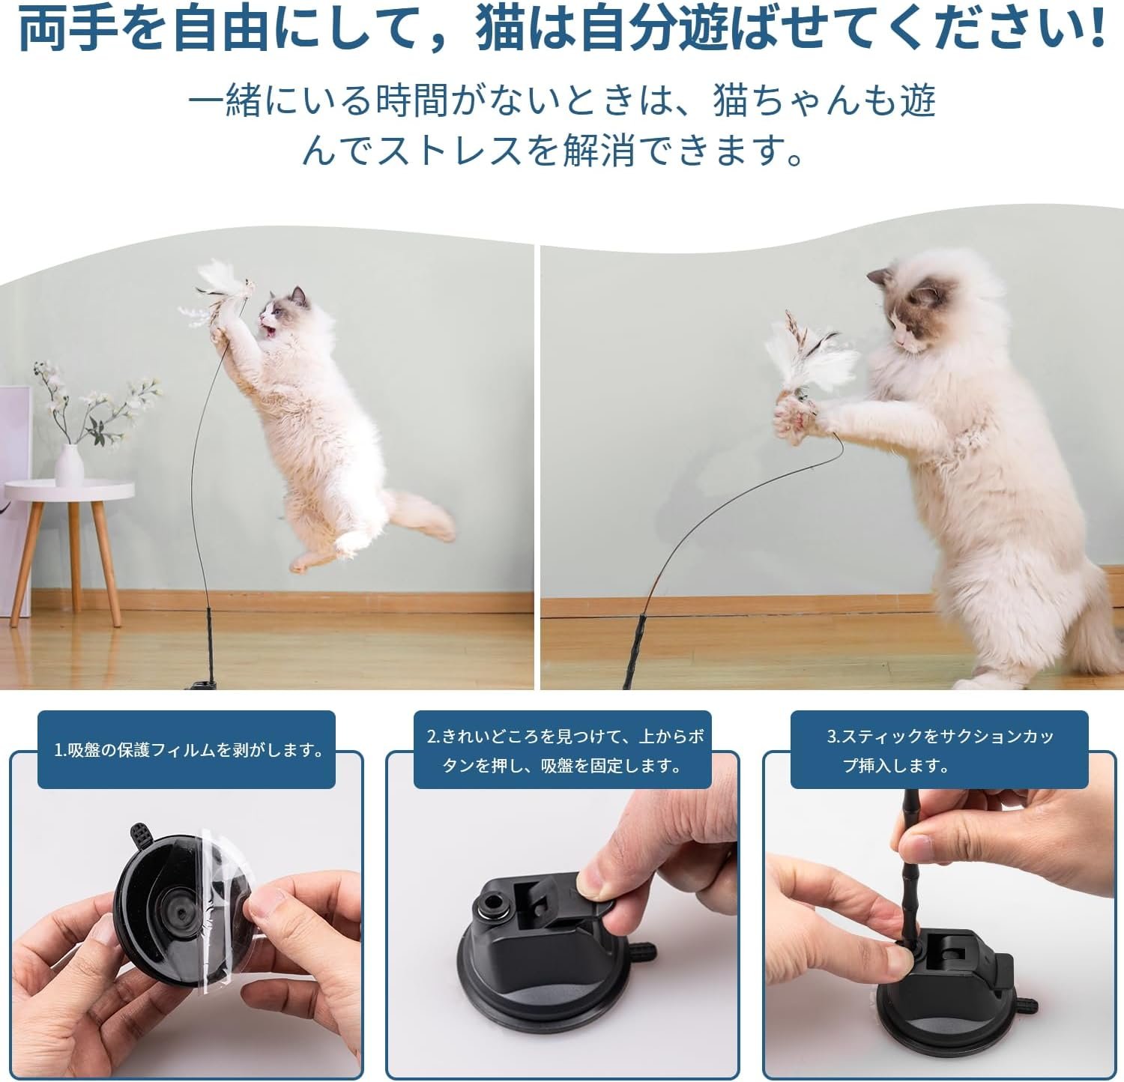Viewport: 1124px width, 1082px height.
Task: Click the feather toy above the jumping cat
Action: click(217, 296)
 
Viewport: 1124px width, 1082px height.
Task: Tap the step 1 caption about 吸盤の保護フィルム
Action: click(187, 749)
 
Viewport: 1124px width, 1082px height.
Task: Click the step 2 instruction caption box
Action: click(562, 749)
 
